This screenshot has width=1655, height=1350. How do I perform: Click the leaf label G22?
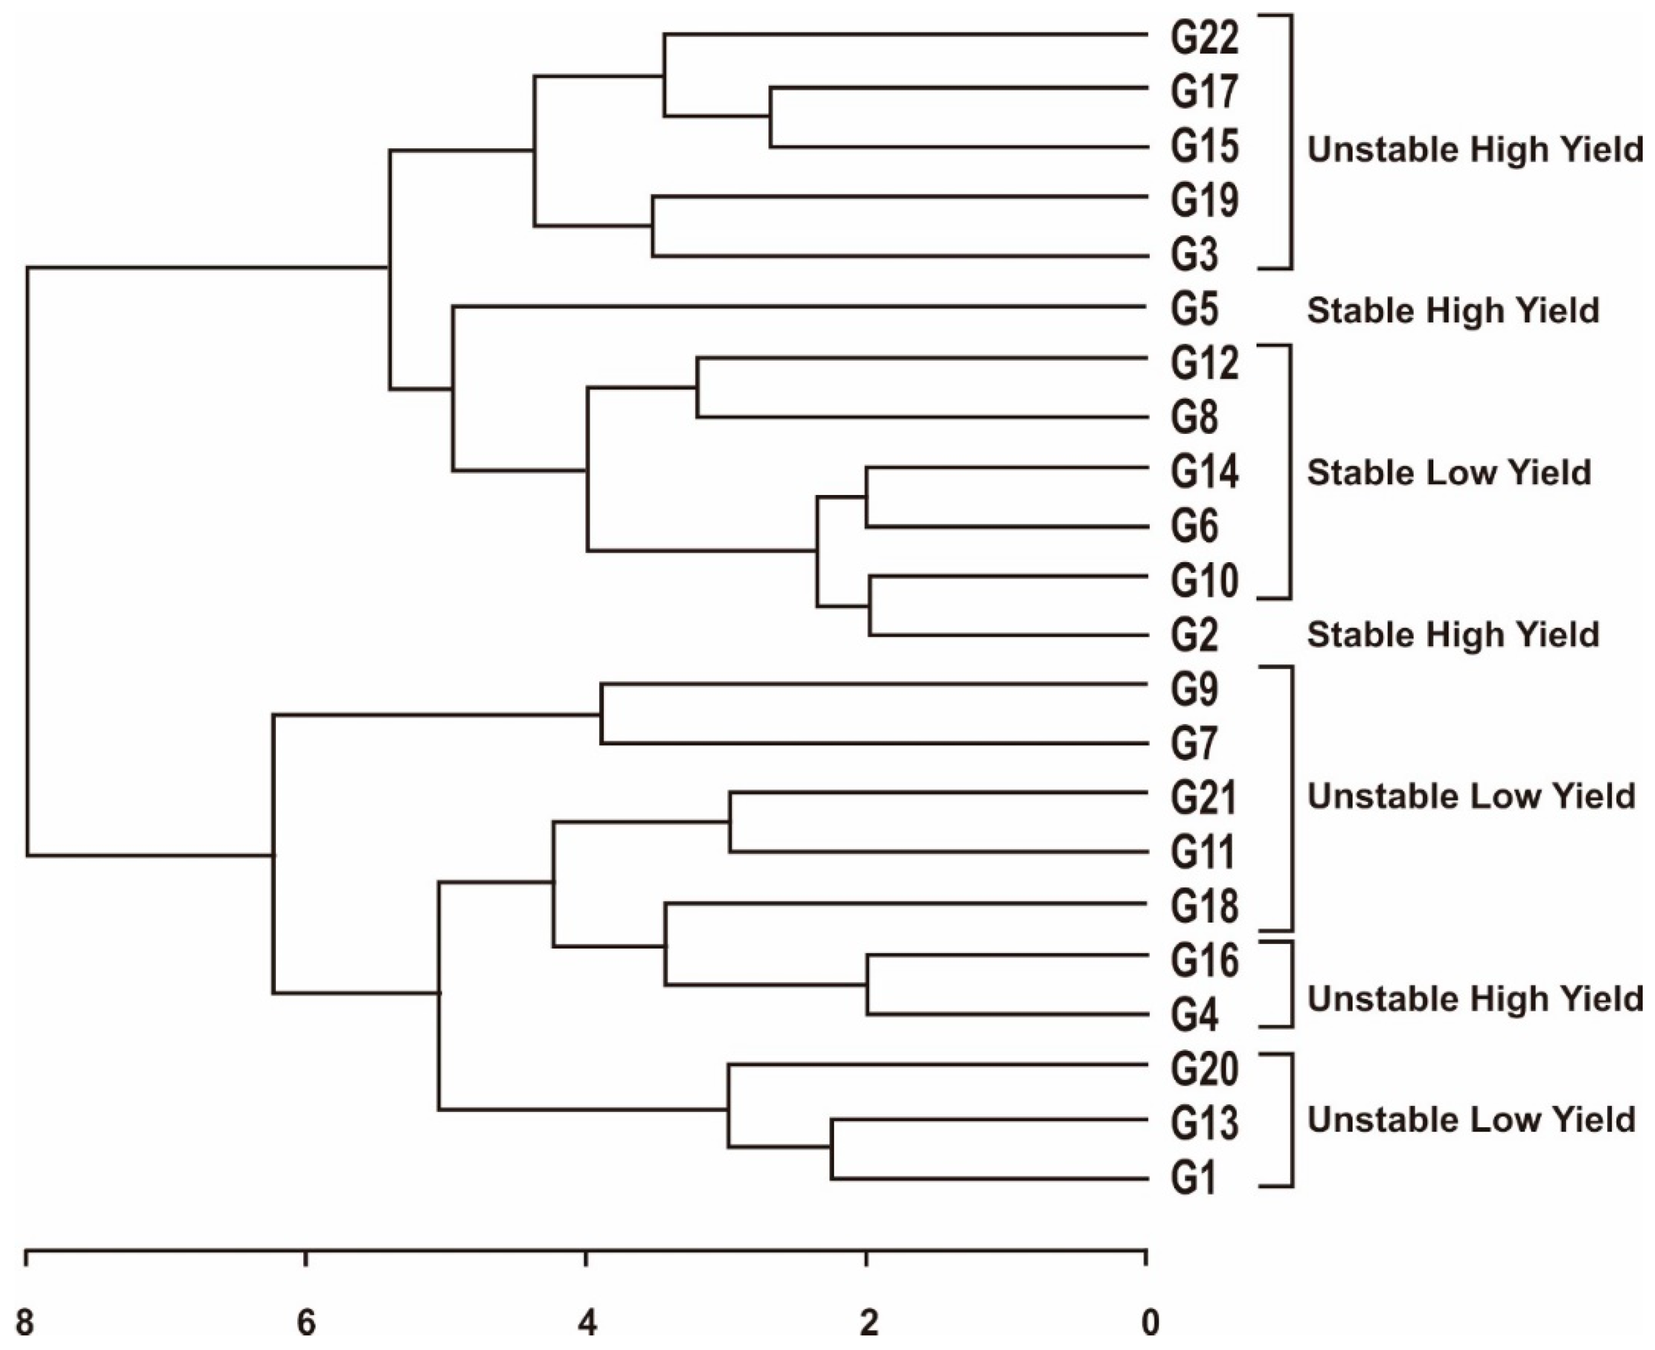[1204, 38]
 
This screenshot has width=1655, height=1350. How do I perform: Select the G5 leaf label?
[1195, 310]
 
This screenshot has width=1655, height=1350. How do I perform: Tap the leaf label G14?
[1204, 472]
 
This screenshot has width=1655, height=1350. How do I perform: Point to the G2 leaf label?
[1195, 634]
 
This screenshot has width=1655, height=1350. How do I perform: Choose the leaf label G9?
[1195, 689]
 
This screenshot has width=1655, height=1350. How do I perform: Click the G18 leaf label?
[1204, 907]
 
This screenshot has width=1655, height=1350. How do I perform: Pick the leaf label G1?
[1195, 1179]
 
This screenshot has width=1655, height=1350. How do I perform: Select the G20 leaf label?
[1204, 1069]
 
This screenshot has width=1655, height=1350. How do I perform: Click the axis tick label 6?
[306, 1322]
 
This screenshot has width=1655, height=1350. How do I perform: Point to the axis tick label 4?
[587, 1322]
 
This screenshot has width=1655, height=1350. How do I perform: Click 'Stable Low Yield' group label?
[1448, 472]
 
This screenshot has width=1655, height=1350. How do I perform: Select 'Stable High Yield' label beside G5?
[1452, 310]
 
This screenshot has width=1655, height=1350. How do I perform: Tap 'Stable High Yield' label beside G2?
[1452, 634]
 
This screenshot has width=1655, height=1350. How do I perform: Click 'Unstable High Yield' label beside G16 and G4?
[1475, 998]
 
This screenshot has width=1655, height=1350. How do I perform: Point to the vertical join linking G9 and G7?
[601, 714]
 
